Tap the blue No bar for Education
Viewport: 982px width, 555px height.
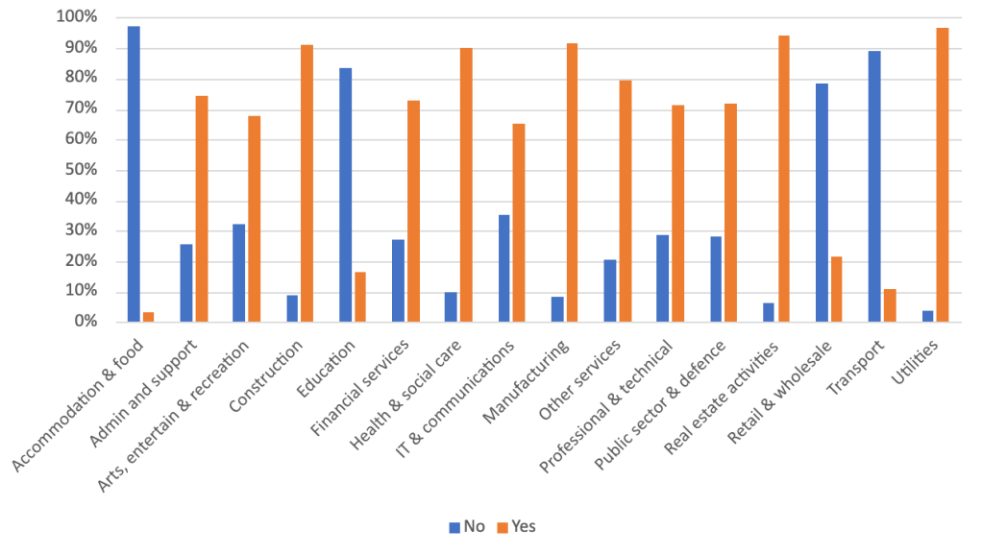coord(345,196)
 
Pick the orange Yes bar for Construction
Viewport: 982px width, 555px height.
coord(307,183)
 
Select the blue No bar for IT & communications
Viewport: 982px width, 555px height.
coord(504,269)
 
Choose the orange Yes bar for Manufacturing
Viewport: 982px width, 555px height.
coord(572,182)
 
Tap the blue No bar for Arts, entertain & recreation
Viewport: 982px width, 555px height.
coord(239,274)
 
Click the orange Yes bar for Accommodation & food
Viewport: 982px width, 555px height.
coord(148,318)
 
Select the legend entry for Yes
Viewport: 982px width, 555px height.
coord(516,526)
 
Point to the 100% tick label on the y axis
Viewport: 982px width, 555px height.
coord(76,17)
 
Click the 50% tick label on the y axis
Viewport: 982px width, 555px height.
coord(80,170)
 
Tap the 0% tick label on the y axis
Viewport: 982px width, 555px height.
coord(84,323)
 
